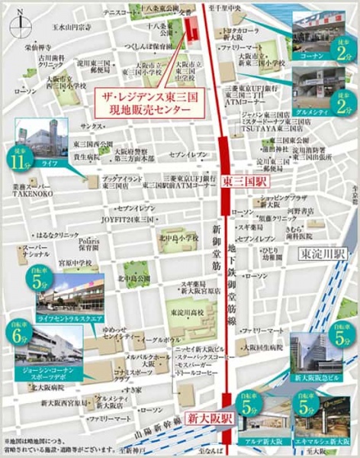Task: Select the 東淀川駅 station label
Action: tap(323, 253)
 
